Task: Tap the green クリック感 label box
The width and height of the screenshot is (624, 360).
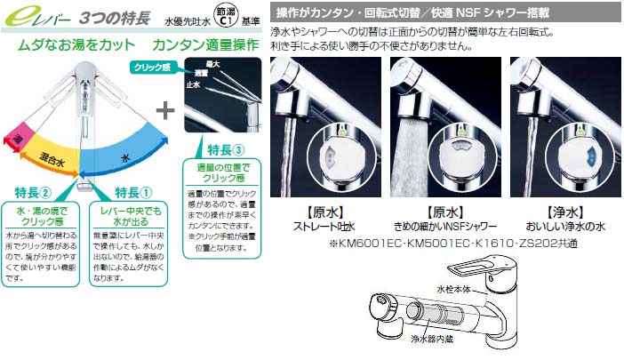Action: tap(152, 67)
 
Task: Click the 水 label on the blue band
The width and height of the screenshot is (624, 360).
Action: tap(128, 151)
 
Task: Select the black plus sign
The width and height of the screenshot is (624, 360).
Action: tap(164, 111)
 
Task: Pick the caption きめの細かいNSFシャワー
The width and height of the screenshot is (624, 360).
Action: tap(441, 227)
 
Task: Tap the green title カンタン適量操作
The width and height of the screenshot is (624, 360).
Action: tap(204, 42)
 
